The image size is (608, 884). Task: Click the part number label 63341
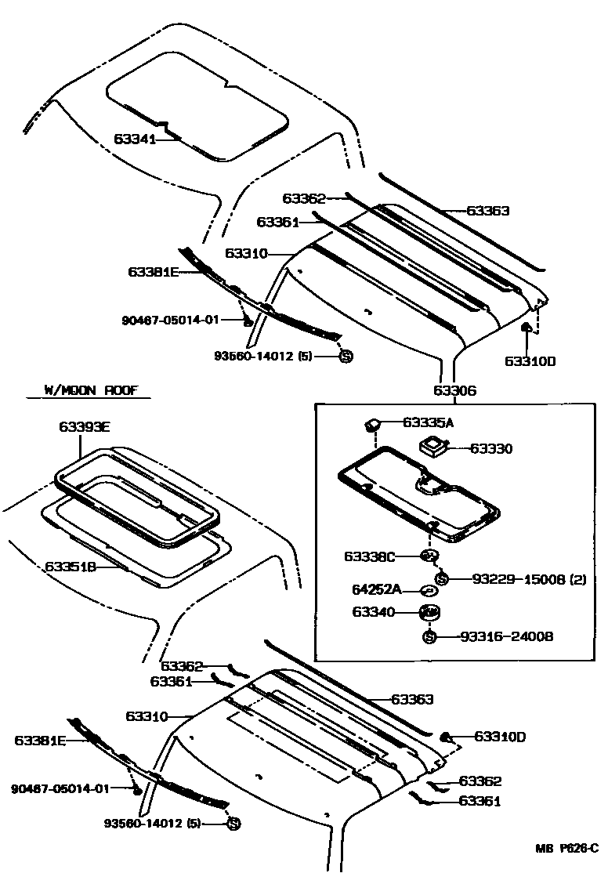pos(135,139)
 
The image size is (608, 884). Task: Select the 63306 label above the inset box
pos(454,391)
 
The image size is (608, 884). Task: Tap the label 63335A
pos(429,422)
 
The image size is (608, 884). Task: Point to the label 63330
pos(490,449)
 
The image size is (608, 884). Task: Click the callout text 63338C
pos(371,556)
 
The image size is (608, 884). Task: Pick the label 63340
pos(374,612)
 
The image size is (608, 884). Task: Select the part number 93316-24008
pos(506,637)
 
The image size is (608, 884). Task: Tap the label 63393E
pos(85,427)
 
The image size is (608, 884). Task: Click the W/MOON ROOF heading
pos(85,390)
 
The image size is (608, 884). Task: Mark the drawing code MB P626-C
pos(566,848)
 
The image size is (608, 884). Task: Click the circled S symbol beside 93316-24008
pos(429,636)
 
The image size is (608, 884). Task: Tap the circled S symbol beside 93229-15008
pos(441,579)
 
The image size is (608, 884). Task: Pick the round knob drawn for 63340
pos(429,612)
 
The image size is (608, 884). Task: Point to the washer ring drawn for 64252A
pos(428,590)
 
